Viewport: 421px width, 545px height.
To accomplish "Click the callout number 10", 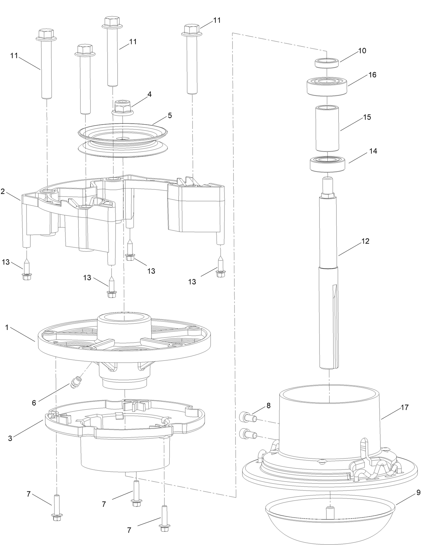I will click(x=362, y=51).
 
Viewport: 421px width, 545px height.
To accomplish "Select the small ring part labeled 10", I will click(x=326, y=63).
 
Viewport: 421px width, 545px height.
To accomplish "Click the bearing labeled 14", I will click(x=327, y=163).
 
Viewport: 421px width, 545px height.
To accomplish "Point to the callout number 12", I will click(x=365, y=241).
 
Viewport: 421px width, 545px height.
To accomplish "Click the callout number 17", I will click(x=405, y=407).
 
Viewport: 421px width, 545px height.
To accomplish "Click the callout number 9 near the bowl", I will click(x=418, y=493).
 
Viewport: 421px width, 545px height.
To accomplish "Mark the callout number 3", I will click(x=10, y=438).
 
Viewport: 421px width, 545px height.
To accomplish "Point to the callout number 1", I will click(x=7, y=327).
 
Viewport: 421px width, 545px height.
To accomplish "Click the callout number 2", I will click(x=3, y=191).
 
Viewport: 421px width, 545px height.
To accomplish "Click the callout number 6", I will click(x=34, y=403).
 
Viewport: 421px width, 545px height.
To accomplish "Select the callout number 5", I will click(x=170, y=115).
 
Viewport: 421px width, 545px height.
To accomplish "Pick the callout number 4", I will click(x=149, y=94).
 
